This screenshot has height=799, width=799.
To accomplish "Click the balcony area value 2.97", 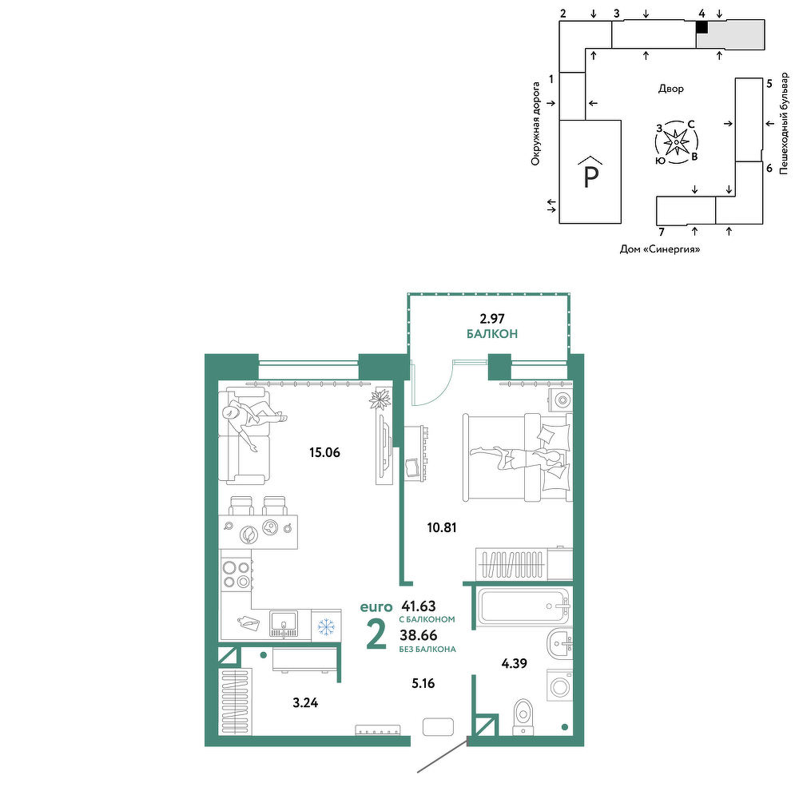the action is point(491,319).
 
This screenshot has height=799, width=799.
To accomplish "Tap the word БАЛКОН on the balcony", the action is point(492,334).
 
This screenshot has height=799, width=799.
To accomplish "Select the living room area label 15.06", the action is point(324,452).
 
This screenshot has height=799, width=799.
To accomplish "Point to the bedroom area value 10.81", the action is point(442,527).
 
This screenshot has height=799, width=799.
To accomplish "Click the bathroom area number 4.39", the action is point(514,663).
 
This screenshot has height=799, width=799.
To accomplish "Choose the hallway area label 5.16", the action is point(423,683).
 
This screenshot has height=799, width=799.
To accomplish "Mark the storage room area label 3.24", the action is point(305,703).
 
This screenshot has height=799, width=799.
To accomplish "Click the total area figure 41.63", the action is point(419,606).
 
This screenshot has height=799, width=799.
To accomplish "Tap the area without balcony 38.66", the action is point(419,635).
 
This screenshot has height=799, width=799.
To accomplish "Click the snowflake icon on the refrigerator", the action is point(326,626).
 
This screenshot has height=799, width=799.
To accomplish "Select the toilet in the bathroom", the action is point(523,716).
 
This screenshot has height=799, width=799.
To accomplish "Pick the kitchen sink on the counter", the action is point(284,624).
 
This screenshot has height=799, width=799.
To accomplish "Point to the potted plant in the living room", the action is point(380,399).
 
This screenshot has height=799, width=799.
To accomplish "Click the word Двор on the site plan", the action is point(671,89).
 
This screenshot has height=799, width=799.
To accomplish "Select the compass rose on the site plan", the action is point(676,142).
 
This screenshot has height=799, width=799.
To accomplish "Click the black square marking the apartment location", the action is point(702,27).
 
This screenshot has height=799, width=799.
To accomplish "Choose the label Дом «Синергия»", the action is point(660,249).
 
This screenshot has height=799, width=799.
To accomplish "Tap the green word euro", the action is point(376,607).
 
